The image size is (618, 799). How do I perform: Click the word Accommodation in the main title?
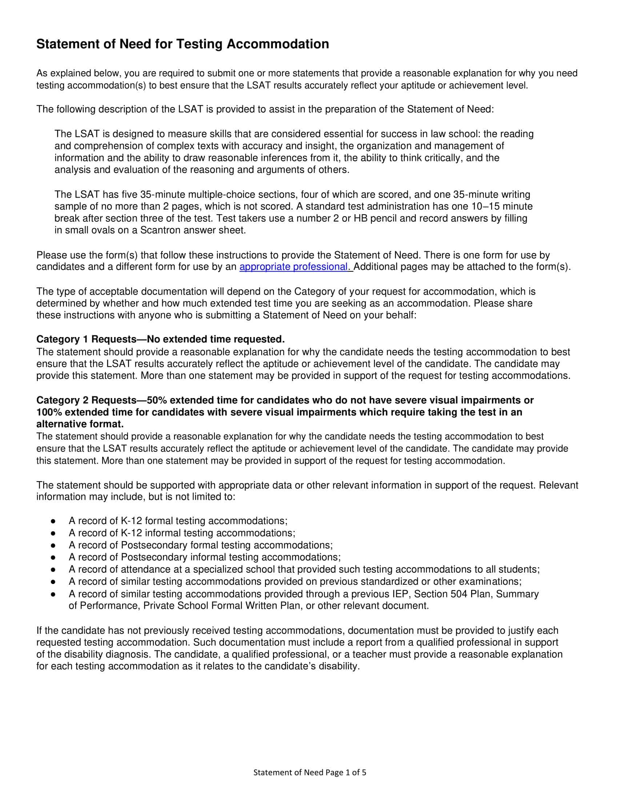(x=277, y=44)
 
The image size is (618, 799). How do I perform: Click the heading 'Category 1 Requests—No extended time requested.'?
(x=160, y=340)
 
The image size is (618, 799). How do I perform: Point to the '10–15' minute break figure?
(x=485, y=206)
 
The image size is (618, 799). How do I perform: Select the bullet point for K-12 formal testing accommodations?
(x=53, y=521)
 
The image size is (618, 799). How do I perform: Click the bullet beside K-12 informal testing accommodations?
(x=53, y=533)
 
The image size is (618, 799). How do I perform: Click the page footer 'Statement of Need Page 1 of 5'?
(x=310, y=772)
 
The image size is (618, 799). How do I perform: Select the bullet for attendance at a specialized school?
(x=53, y=569)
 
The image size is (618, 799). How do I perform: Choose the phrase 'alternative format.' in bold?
(x=80, y=424)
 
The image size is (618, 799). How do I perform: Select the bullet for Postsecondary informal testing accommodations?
(x=53, y=557)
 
